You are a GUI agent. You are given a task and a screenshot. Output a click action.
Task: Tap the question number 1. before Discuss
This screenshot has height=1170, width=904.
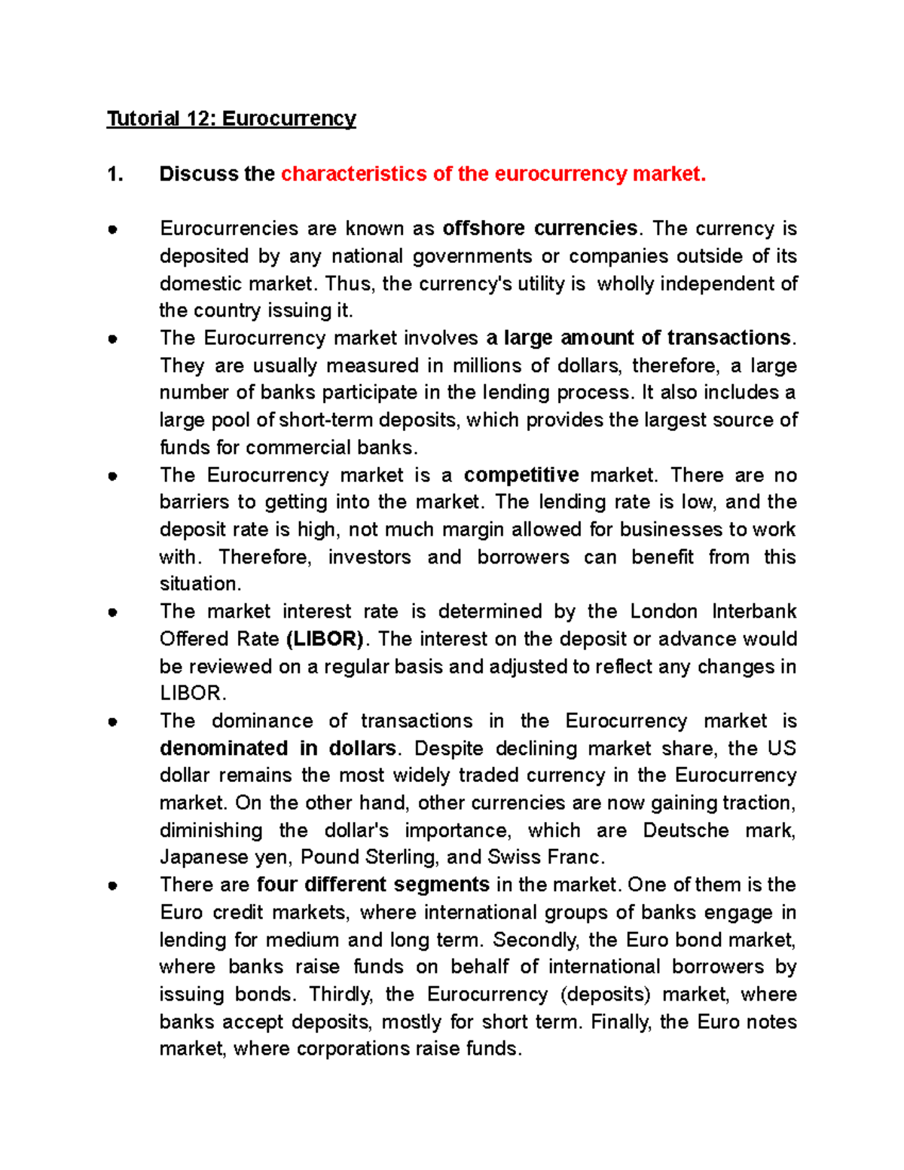coord(115,174)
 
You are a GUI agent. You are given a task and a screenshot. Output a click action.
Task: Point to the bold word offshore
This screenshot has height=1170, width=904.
coord(484,228)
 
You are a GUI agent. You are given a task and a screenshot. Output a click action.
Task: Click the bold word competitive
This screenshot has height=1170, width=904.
coord(521,475)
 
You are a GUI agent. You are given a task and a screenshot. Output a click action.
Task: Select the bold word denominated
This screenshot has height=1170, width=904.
coord(224,748)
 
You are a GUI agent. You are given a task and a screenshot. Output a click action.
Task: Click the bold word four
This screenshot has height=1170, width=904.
coord(277,884)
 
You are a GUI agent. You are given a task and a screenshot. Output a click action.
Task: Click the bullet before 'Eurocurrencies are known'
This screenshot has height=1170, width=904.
coord(112,229)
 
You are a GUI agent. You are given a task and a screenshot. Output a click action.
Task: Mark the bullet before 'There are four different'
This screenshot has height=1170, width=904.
coord(112,885)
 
